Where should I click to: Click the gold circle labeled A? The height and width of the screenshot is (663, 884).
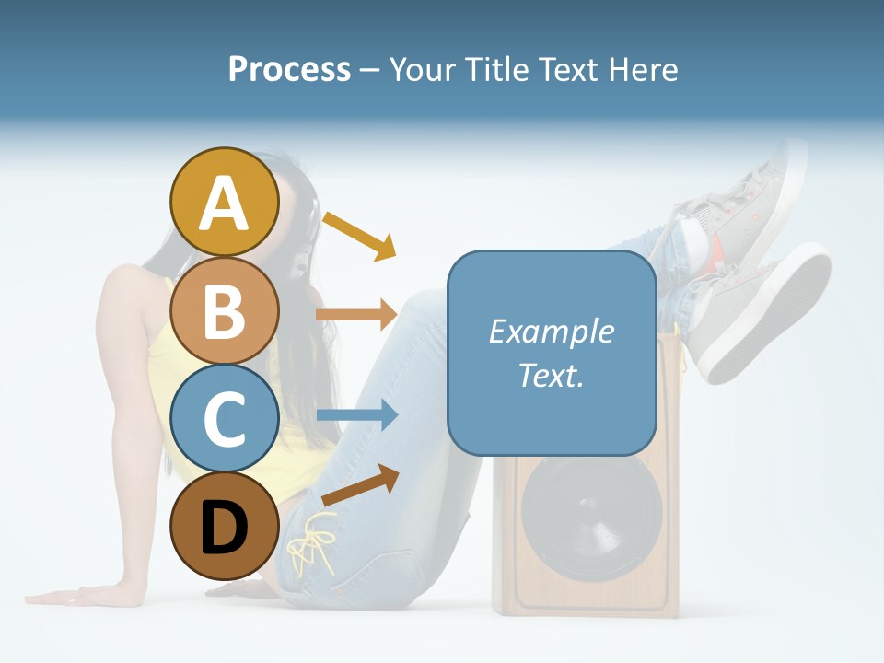pos(225,203)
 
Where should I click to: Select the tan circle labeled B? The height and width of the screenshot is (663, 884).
pos(225,310)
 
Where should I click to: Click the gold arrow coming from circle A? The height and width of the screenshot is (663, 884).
pos(359,234)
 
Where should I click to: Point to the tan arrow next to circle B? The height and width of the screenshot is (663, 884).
pos(356,314)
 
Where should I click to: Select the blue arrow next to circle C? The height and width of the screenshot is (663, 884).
pos(356,415)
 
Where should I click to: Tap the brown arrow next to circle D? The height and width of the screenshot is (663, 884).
pos(360,484)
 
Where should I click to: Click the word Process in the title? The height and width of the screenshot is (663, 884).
pos(289,70)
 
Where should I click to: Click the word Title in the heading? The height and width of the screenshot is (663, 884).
pos(496,70)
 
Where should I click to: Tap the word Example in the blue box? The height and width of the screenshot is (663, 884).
pos(551,331)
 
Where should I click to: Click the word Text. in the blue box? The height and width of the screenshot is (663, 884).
pos(551,376)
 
